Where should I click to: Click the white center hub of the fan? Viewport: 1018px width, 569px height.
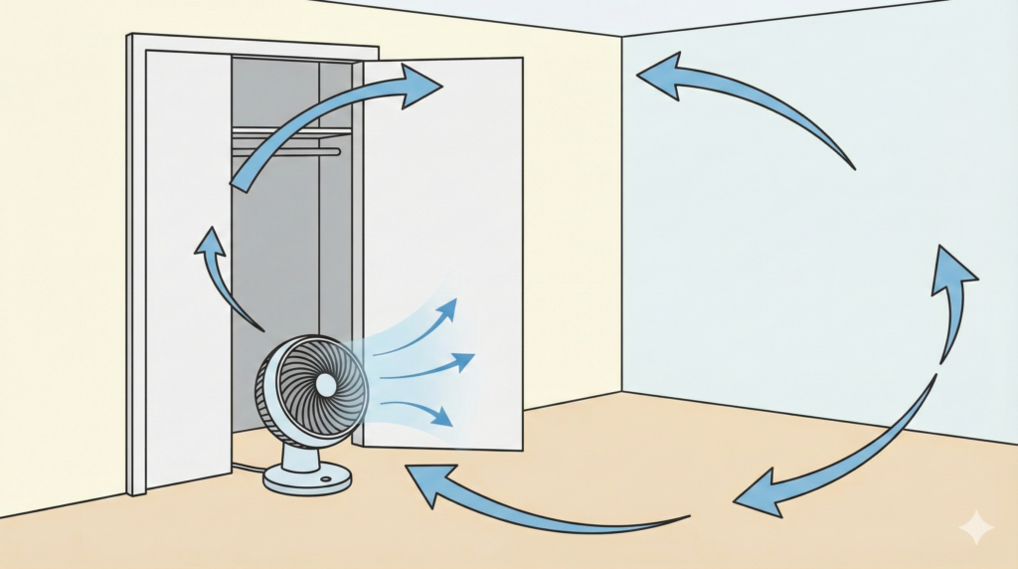point(325,384)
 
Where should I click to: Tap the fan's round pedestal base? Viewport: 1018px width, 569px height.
point(307,478)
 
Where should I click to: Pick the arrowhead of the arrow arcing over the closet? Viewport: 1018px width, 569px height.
point(422,86)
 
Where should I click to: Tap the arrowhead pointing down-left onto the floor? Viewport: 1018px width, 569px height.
point(758,493)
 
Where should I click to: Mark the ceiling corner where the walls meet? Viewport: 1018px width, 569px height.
point(622,37)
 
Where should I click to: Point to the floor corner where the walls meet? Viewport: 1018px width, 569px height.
point(622,392)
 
